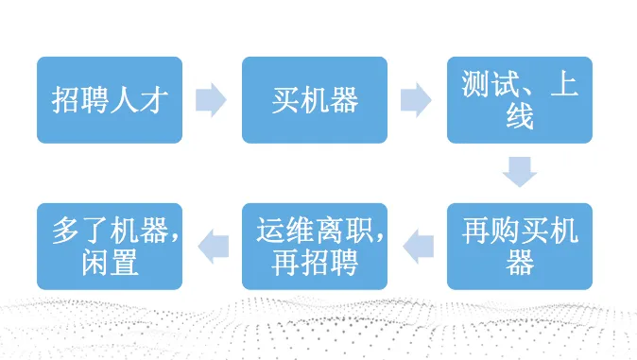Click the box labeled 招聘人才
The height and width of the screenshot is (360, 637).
[109, 100]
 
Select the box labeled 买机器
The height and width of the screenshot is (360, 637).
[315, 100]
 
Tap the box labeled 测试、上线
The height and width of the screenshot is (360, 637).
[520, 100]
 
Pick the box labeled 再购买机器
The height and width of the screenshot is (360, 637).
[520, 246]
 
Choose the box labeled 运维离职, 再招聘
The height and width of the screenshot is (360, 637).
[315, 246]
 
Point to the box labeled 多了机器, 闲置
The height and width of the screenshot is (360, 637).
[109, 246]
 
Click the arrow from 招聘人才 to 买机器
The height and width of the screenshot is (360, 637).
[211, 100]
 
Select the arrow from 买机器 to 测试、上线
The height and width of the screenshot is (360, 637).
[416, 100]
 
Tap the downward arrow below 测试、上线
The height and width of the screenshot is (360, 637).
[520, 172]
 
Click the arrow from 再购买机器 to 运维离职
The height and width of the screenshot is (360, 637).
[417, 246]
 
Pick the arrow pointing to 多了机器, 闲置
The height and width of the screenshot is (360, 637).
[211, 246]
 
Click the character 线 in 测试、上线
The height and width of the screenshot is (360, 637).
[520, 117]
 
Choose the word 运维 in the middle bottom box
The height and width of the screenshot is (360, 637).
[284, 231]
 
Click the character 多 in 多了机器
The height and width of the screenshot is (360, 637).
[66, 231]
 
